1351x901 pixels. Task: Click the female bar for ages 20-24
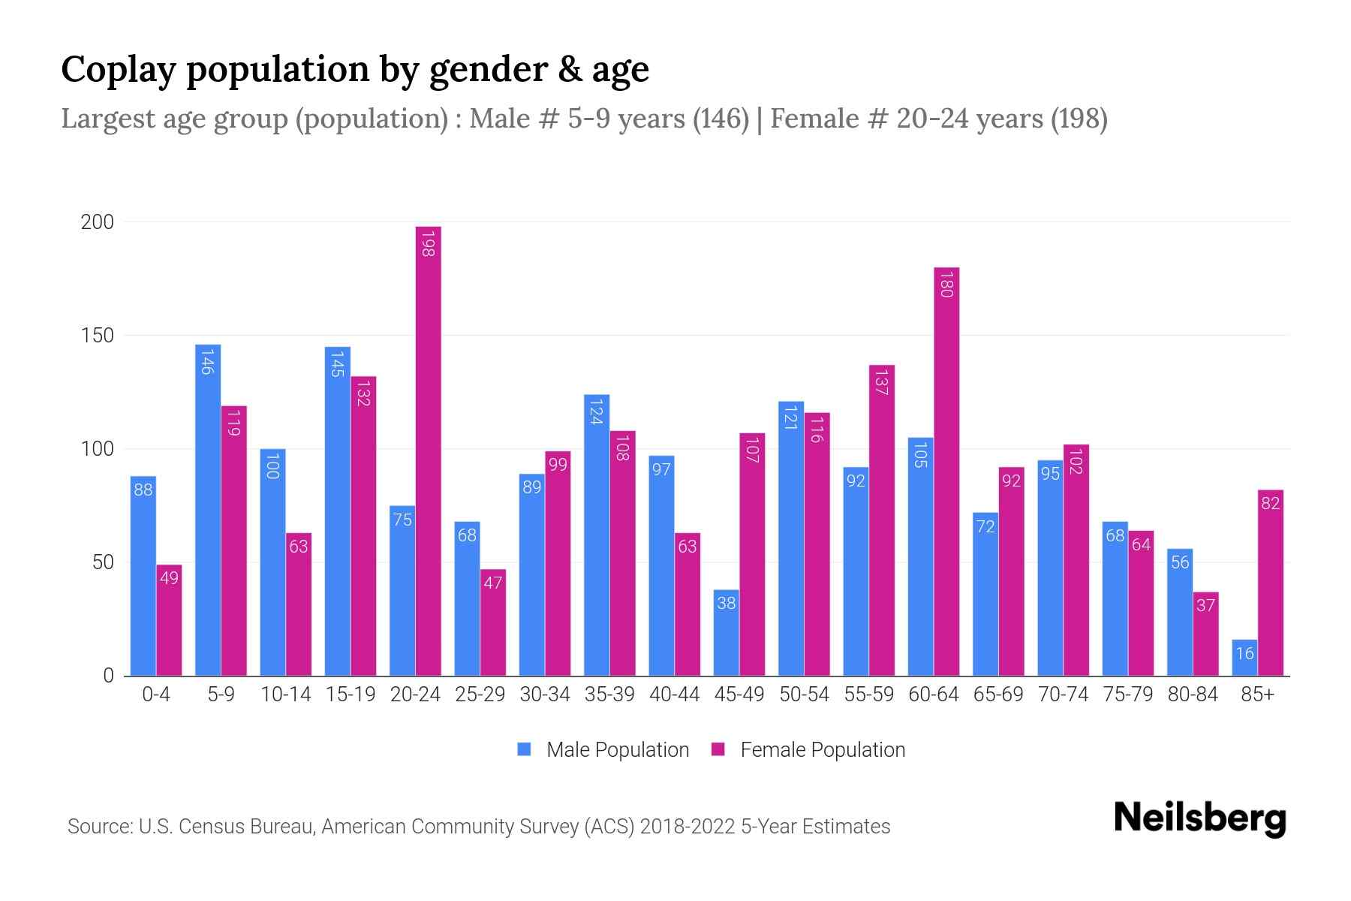(428, 450)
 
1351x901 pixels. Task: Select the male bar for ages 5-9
(208, 511)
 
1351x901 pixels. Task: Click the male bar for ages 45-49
(726, 633)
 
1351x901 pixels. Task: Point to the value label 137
(882, 384)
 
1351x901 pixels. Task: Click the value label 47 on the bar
(492, 583)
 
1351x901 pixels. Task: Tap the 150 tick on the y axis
(98, 336)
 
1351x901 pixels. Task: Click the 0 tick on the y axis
(108, 676)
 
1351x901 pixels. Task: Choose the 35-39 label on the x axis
(609, 695)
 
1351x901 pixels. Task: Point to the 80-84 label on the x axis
(1193, 695)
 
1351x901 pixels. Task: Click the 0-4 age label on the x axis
(156, 695)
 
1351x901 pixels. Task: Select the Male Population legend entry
(617, 750)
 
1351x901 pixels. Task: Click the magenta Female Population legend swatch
(718, 749)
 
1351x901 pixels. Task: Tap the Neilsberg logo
(1199, 818)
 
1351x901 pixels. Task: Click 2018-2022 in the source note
(688, 827)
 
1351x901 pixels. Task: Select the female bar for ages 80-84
(1205, 634)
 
